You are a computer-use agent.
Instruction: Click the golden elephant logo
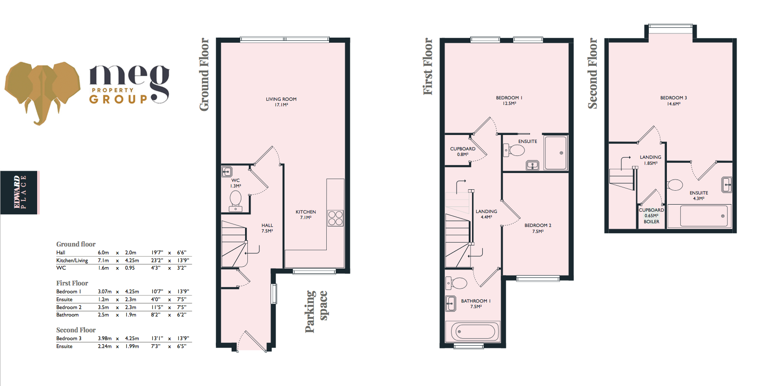pos(42,90)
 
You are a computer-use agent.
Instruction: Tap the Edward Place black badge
pos(19,192)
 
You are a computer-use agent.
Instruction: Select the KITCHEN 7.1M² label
pos(305,214)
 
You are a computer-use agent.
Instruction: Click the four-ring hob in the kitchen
pos(335,218)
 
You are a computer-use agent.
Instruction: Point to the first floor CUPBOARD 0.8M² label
pos(462,151)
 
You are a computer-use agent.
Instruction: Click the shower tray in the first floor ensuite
pos(556,153)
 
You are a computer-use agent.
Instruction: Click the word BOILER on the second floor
pos(651,222)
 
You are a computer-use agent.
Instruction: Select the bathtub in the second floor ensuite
pos(703,216)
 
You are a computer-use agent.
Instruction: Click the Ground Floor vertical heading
pos(204,74)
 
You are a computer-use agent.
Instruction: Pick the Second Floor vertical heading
pos(593,73)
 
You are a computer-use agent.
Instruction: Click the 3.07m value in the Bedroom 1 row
pos(104,291)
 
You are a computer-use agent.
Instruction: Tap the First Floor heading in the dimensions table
pos(72,283)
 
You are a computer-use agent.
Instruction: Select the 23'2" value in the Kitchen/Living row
pos(157,260)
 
